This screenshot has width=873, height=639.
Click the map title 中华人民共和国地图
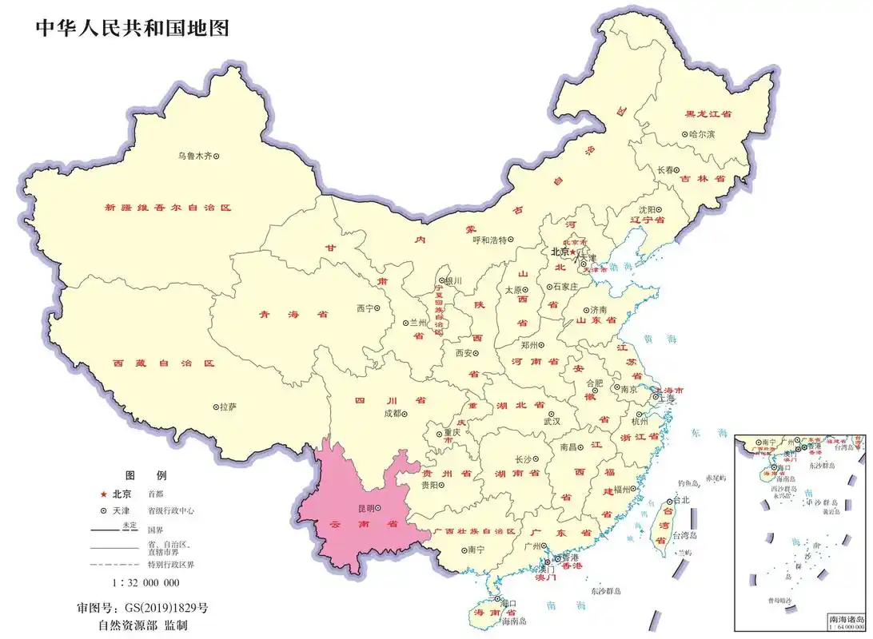pyautogui.click(x=133, y=28)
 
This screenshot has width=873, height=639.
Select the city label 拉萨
pyautogui.click(x=228, y=407)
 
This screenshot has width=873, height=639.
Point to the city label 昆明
pyautogui.click(x=365, y=507)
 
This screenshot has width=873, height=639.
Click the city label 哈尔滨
pyautogui.click(x=703, y=134)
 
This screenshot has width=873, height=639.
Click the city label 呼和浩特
pyautogui.click(x=490, y=240)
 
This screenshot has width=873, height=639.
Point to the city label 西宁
pyautogui.click(x=365, y=308)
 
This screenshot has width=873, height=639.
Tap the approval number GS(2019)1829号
pyautogui.click(x=164, y=608)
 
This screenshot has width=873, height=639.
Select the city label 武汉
pyautogui.click(x=552, y=421)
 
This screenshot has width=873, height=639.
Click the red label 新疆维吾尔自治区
pyautogui.click(x=167, y=207)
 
